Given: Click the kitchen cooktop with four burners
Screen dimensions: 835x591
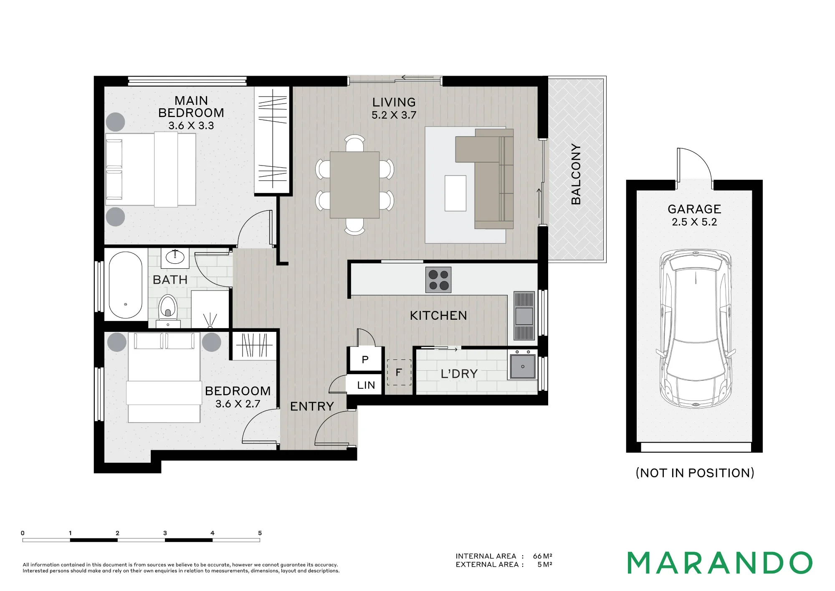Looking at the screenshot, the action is coord(438,280).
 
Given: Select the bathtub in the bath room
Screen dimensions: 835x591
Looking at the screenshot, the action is coord(125,285).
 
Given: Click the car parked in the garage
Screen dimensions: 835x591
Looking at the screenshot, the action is coord(696,329).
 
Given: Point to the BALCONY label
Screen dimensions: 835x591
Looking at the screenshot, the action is coord(576,174).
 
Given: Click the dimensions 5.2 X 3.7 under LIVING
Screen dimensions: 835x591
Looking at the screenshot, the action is coord(394,115).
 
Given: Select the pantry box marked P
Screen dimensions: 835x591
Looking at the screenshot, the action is coord(365,359).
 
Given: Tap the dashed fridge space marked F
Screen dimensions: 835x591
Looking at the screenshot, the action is coord(399,372).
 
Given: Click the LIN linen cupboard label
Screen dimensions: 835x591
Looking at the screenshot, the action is coord(366,385).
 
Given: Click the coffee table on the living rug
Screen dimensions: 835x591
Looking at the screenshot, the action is coord(455,193).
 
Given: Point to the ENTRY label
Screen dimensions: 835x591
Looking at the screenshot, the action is coord(312,406).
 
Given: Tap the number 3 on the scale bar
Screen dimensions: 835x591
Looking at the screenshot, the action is coord(165,533).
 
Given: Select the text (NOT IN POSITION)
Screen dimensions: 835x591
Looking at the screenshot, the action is coord(695,473).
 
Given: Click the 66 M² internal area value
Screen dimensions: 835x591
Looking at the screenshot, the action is coord(543,556).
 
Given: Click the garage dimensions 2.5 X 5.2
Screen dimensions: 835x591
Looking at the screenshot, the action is coord(694,222).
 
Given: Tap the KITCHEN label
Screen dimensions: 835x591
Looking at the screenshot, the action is coord(438,316).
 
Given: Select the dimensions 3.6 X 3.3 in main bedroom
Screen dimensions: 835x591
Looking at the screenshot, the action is coord(191,125).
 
